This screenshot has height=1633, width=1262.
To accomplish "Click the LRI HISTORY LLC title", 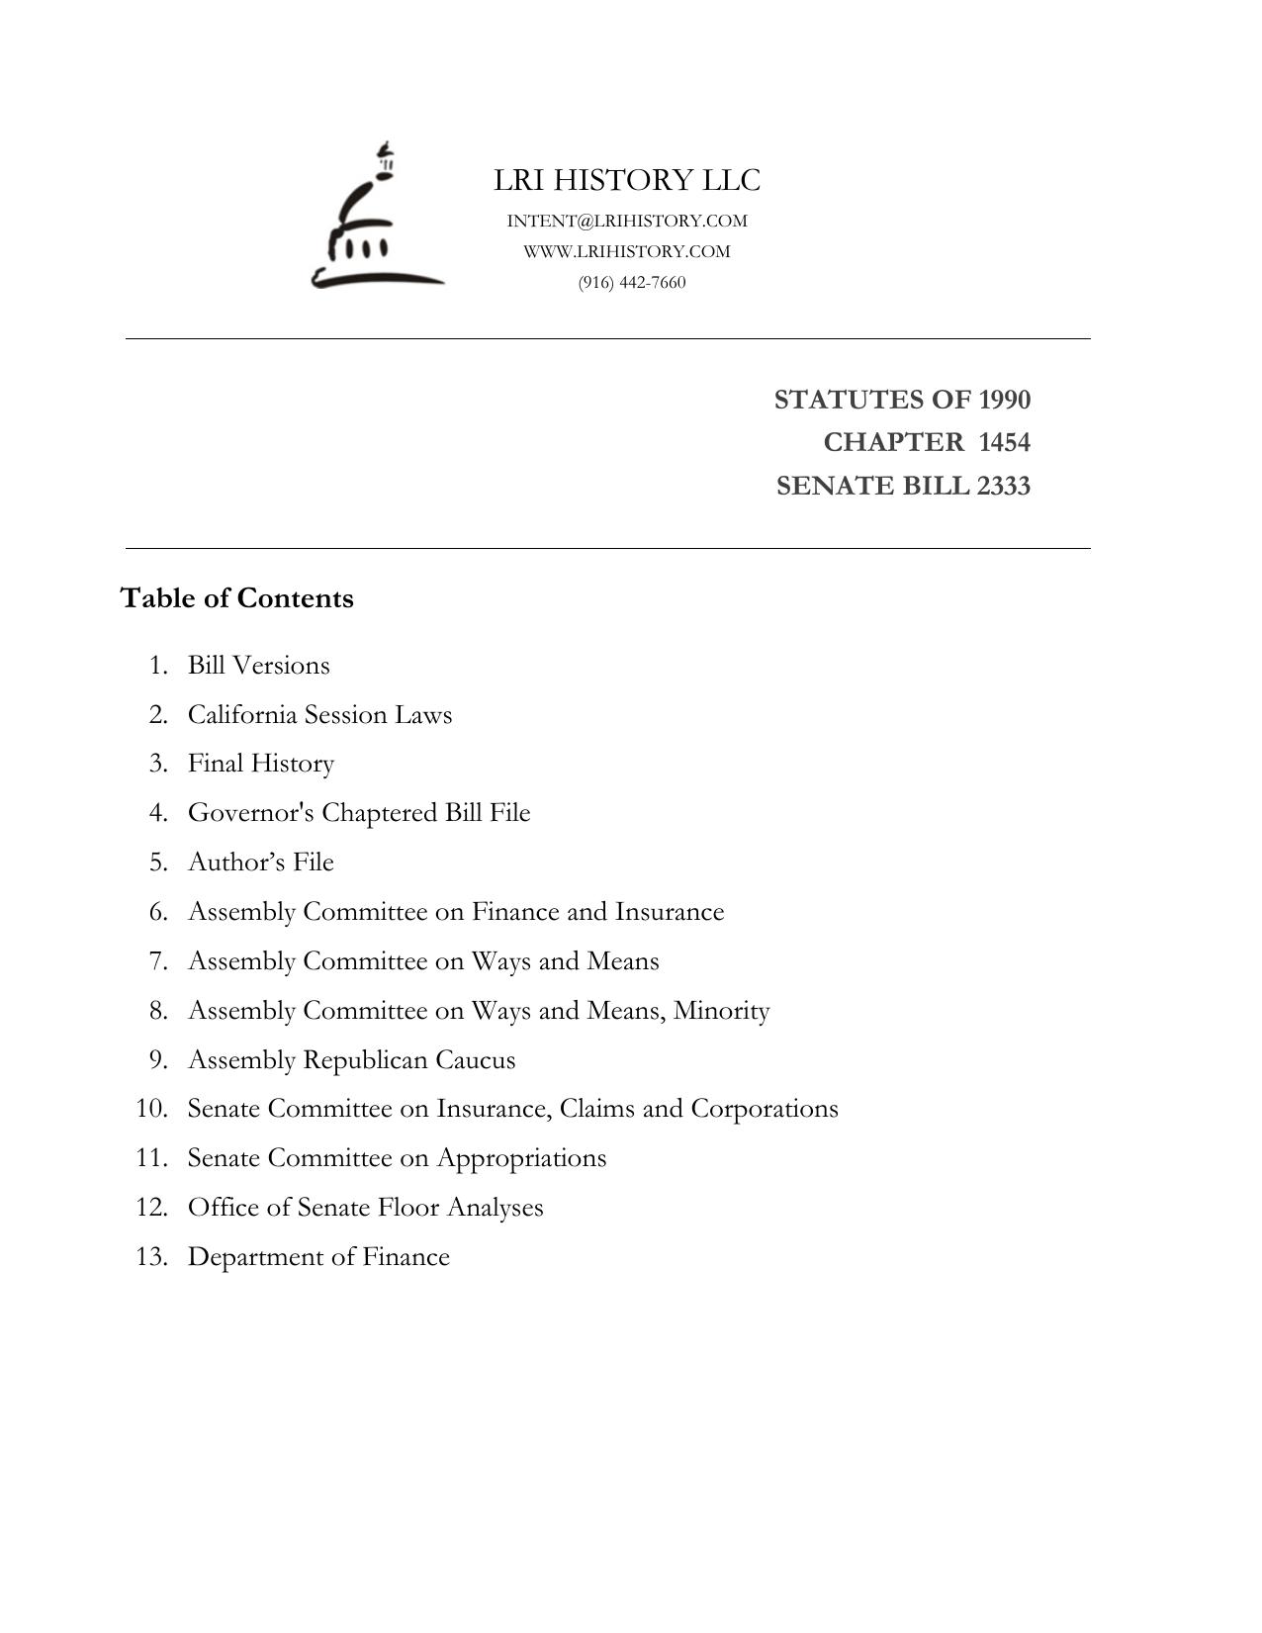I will (627, 180).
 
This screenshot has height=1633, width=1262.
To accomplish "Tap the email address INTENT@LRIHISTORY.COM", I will (627, 221).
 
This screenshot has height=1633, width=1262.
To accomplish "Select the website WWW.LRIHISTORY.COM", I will (627, 251).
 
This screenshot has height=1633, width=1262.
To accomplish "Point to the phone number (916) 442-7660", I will (632, 283).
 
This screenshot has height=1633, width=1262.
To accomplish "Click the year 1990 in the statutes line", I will (1004, 400).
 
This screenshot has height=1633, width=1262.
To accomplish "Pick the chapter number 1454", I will (1004, 442).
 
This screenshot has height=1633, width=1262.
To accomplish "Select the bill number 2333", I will (1003, 486).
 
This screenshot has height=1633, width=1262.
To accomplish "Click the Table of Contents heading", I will (237, 598).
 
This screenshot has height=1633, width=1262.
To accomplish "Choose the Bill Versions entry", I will (259, 665).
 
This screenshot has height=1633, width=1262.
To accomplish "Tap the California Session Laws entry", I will (319, 714).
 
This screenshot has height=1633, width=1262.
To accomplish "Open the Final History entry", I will (261, 764).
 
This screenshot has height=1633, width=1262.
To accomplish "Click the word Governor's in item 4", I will (251, 813).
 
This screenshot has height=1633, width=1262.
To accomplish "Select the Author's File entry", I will (261, 862).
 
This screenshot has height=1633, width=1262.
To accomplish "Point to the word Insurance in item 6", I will (670, 911).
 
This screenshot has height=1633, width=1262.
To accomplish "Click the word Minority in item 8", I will (721, 1011).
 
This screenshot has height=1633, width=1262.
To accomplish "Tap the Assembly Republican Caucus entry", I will (351, 1060).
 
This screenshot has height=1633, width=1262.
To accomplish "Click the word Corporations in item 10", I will (764, 1109).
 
